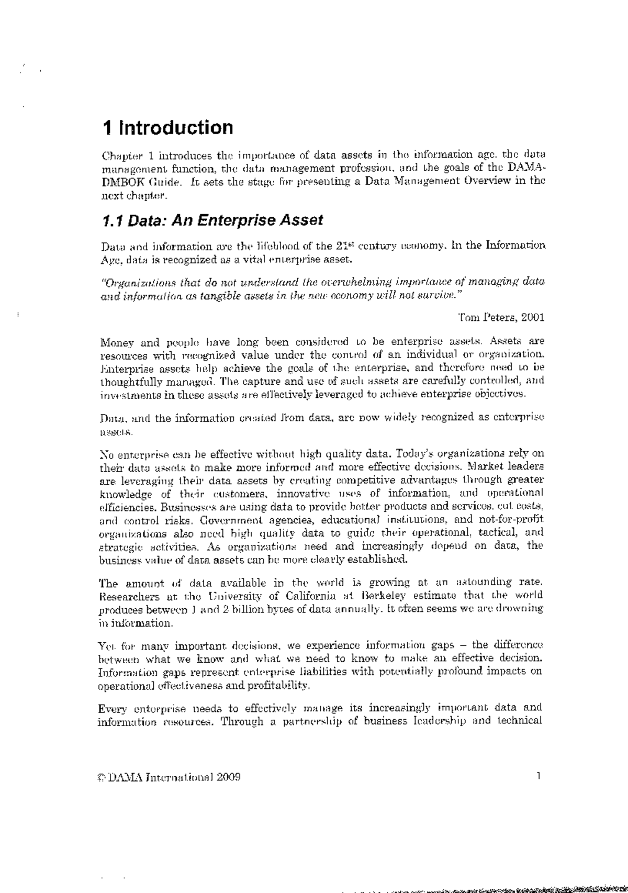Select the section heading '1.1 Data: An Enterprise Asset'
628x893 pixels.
tap(212, 220)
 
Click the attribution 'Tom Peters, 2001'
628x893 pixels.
tap(501, 317)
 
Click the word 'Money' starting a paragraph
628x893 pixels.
tap(115, 343)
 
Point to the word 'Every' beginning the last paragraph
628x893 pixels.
tap(113, 709)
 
